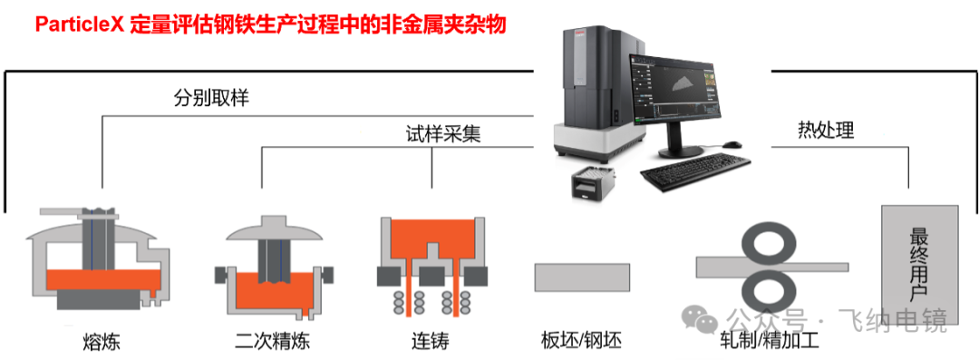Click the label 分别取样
click(211, 97)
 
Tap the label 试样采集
click(442, 134)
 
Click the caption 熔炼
click(101, 342)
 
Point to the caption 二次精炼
click(272, 342)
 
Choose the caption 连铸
click(429, 342)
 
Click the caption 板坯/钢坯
click(582, 342)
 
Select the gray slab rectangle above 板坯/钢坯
click(582, 276)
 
